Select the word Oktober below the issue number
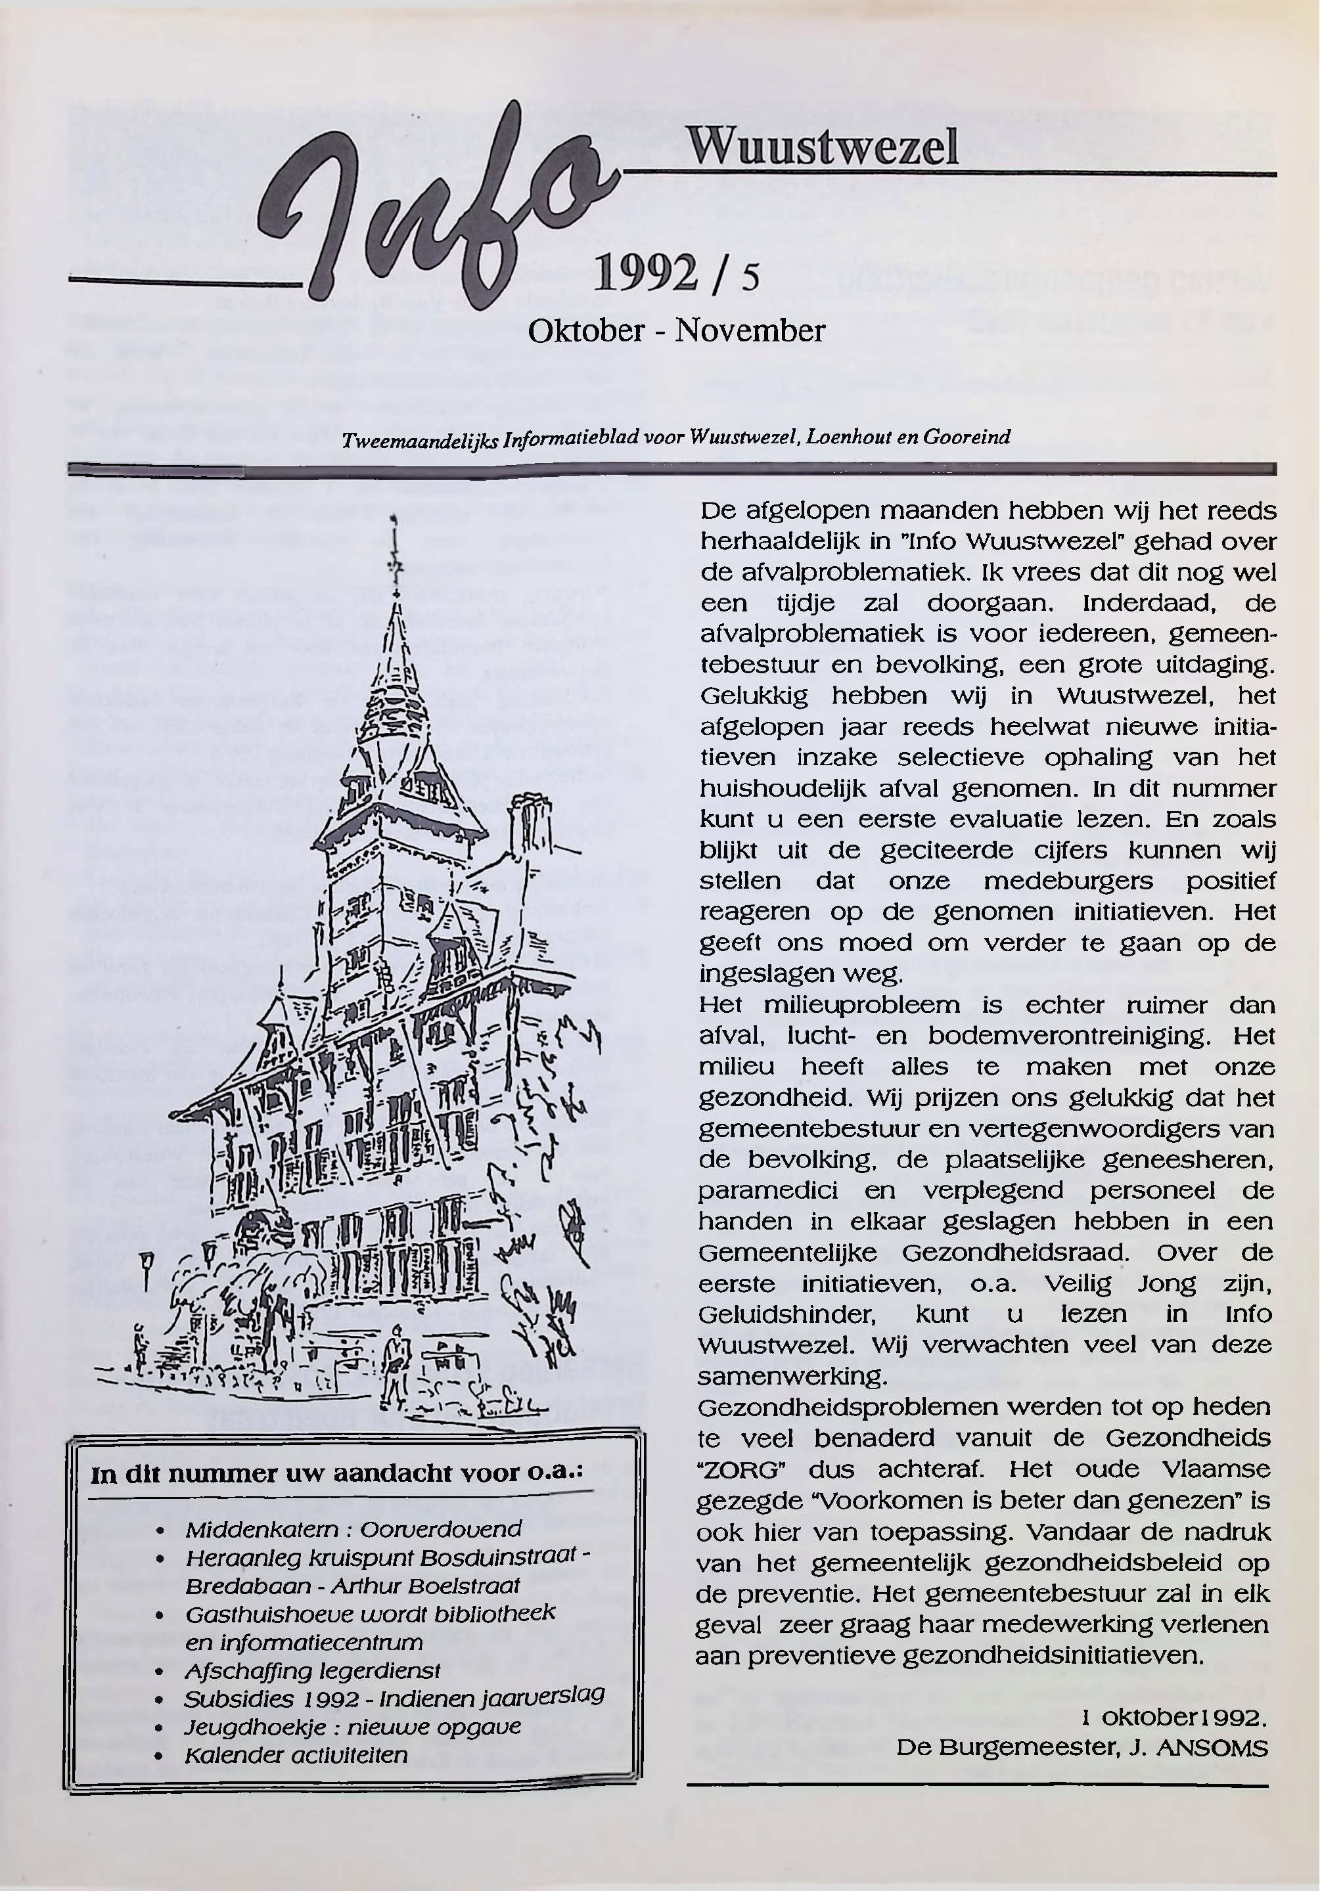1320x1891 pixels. [x=586, y=331]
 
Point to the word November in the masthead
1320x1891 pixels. [x=750, y=331]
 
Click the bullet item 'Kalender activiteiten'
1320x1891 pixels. [x=296, y=1755]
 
